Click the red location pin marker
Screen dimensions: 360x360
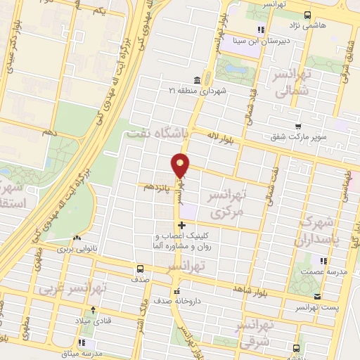coord(181,165)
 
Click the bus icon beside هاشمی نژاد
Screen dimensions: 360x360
coord(307,14)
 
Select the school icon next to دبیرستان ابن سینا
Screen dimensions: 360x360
coord(261,29)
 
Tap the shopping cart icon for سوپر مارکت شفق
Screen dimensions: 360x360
coord(299,125)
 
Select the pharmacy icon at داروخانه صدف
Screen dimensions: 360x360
coord(176,290)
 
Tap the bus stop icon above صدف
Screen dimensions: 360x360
coord(140,268)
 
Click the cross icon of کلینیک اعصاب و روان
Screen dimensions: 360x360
coord(182,226)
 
